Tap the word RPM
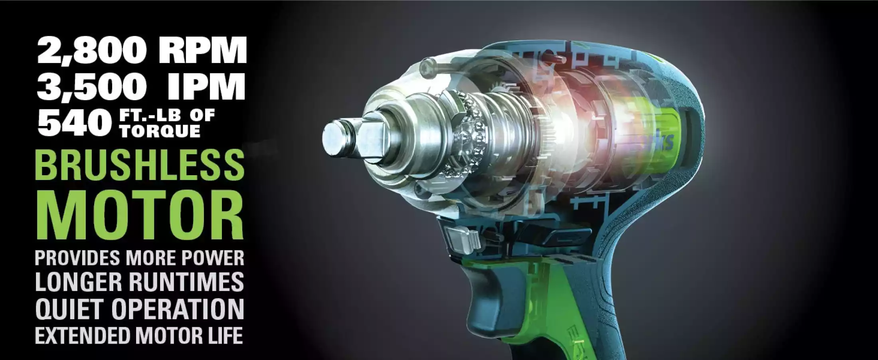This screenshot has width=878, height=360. click(202, 50)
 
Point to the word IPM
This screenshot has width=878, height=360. click(206, 86)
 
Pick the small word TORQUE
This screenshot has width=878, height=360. click(160, 131)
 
